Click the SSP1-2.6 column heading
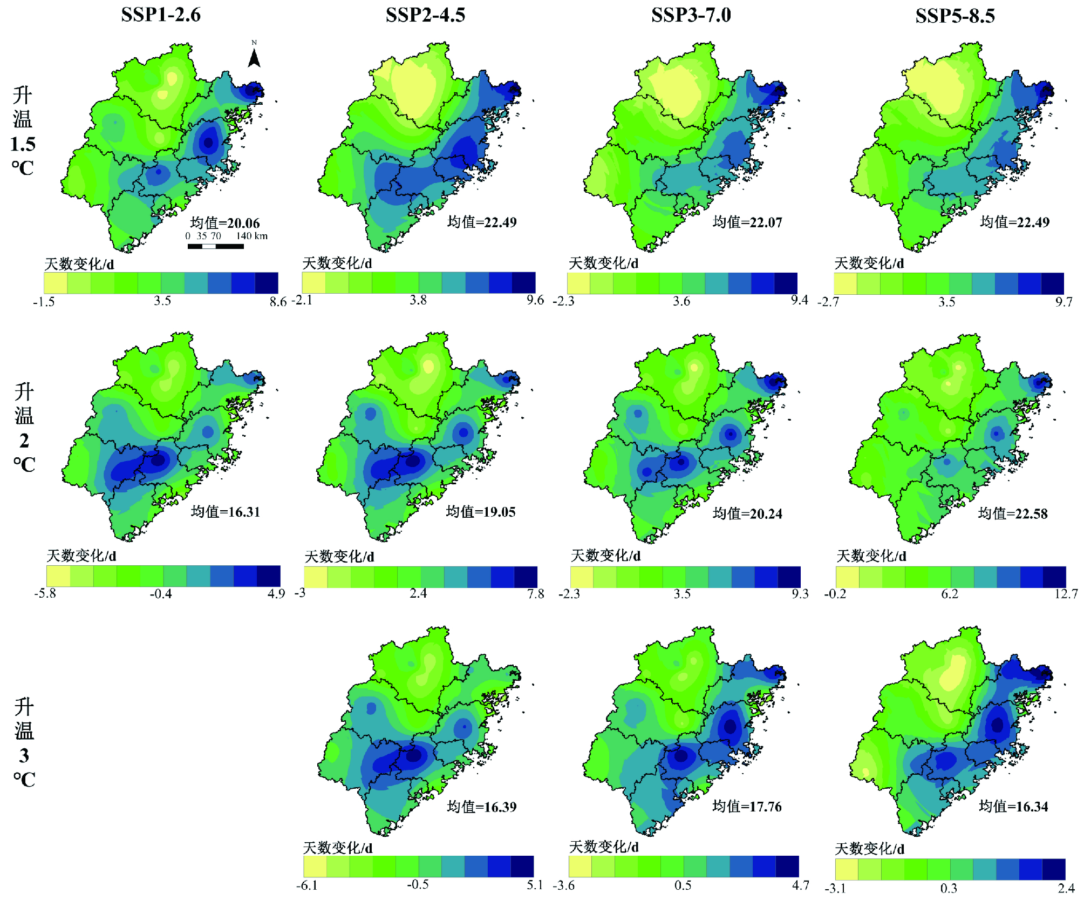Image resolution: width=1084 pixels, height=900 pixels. (160, 15)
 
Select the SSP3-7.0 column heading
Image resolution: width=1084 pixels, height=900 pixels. (691, 15)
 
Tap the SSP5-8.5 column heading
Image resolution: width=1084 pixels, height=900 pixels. (955, 16)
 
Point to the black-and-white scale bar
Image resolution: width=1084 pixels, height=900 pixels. (215, 247)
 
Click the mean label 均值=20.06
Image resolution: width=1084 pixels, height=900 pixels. (224, 223)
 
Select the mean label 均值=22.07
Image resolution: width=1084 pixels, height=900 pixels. (747, 222)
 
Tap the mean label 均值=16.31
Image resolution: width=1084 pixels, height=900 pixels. (225, 511)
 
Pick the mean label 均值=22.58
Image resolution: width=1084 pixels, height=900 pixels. (1012, 513)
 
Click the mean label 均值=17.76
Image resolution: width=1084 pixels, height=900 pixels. (746, 806)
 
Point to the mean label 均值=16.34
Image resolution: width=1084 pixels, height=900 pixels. (1013, 806)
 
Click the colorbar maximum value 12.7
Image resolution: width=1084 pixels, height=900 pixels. (1066, 594)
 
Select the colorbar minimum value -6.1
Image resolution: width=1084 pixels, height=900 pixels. (306, 886)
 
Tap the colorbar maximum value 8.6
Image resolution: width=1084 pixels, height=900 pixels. (277, 302)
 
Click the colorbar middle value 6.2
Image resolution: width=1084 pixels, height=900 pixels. (950, 594)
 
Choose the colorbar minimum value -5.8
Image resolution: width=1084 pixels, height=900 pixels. (45, 593)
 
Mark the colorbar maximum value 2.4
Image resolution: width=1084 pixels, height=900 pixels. (1066, 888)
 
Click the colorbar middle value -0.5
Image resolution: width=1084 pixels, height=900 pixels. (418, 885)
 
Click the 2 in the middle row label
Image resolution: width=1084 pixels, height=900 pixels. (24, 441)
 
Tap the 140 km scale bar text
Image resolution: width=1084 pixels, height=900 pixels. (251, 236)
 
